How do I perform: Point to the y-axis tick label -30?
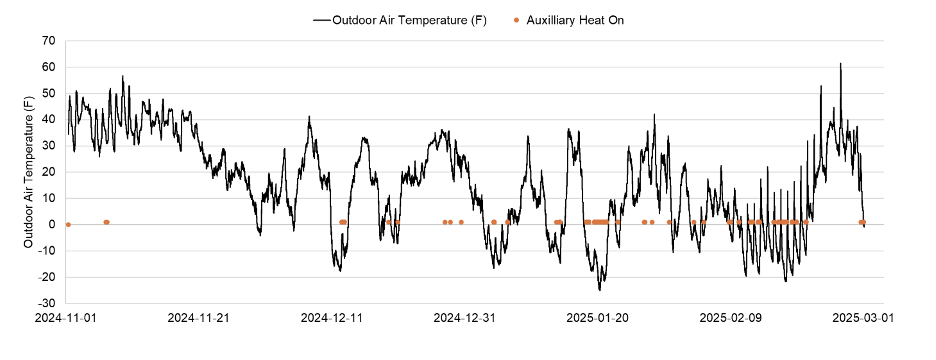[46, 303]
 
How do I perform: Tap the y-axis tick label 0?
[52, 224]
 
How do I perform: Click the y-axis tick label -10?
[46, 251]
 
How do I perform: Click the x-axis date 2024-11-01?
[66, 318]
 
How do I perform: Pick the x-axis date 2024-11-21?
[198, 318]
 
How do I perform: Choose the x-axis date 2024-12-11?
[332, 318]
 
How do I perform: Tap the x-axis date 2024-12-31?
[464, 318]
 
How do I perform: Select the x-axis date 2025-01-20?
[597, 318]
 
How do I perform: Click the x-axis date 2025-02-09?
[730, 318]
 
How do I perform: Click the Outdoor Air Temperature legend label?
[409, 20]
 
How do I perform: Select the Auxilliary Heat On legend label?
[575, 20]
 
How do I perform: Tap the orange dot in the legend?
[516, 20]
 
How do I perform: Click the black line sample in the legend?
[321, 20]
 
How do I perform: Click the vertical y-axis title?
[28, 172]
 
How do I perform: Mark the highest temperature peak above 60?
[840, 64]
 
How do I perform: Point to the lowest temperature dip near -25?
[600, 290]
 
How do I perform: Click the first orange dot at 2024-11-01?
[68, 224]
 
